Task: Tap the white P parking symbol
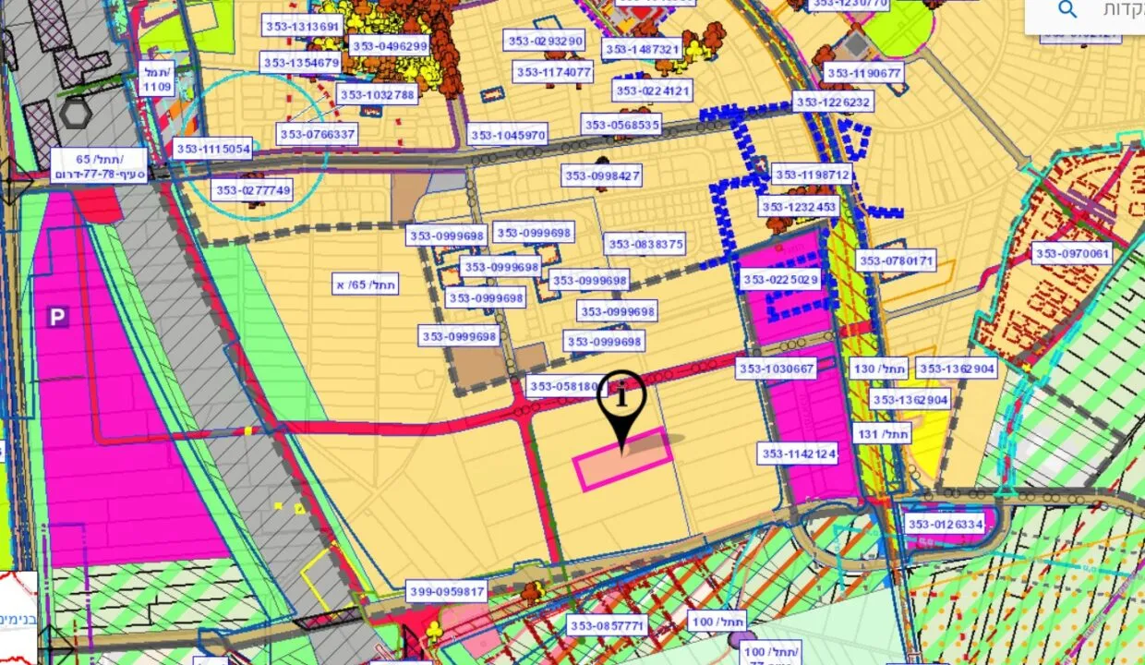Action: [x=58, y=318]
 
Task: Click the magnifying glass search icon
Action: [x=1067, y=10]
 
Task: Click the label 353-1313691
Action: [x=302, y=26]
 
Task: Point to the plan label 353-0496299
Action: [x=389, y=46]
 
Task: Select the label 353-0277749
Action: [x=252, y=191]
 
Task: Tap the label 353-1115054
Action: [x=212, y=149]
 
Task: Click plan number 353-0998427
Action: [x=603, y=175]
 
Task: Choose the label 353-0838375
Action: [x=645, y=245]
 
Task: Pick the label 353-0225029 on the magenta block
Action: [x=780, y=280]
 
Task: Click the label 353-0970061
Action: [x=1072, y=254]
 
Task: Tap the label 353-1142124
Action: [x=799, y=453]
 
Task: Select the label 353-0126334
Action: [x=946, y=525]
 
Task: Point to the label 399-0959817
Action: [x=446, y=591]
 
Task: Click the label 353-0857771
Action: [x=608, y=626]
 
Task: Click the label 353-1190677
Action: [x=864, y=73]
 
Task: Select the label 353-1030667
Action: [x=777, y=369]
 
